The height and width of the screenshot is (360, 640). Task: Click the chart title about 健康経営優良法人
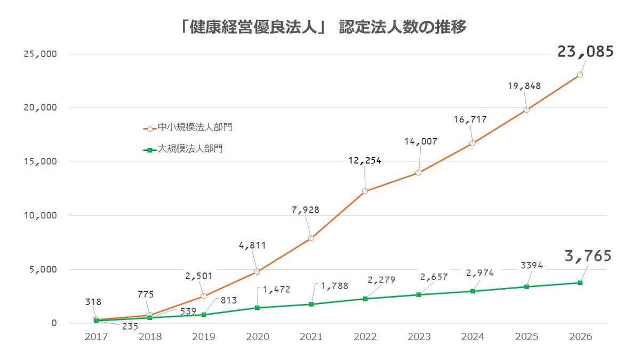tap(323, 27)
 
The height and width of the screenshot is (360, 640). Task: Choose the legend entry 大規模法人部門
tap(190, 149)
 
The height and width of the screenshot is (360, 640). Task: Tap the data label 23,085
tap(586, 52)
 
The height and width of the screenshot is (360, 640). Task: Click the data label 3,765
tap(588, 257)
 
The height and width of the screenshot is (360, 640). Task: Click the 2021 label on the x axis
tap(311, 337)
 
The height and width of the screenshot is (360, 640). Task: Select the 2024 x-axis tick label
tap(473, 337)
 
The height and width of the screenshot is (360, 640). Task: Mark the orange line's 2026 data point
tap(580, 75)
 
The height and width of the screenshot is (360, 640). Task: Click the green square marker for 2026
tap(580, 283)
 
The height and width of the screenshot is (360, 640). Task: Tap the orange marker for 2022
tap(365, 191)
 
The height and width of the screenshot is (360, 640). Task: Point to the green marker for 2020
tap(257, 308)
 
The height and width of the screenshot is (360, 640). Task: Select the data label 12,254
tap(365, 161)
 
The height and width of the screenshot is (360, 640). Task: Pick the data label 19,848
tap(525, 86)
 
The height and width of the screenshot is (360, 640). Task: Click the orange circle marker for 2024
tap(473, 143)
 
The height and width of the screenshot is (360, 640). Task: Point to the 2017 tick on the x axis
tap(96, 337)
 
